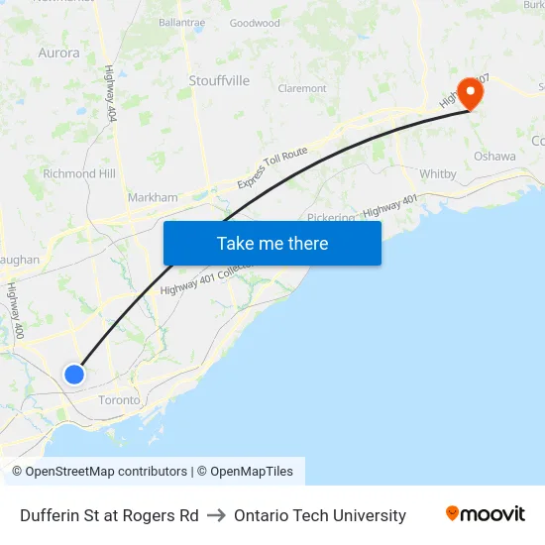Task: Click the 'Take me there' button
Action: click(272, 243)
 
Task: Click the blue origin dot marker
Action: click(74, 374)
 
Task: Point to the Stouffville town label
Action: click(219, 80)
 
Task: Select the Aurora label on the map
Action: click(58, 53)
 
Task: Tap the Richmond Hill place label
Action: click(79, 173)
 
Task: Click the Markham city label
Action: click(153, 197)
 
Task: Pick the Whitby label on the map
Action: click(438, 174)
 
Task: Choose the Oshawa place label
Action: click(494, 157)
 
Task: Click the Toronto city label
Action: click(119, 400)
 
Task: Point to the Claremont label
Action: click(302, 88)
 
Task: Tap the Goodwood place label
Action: click(255, 23)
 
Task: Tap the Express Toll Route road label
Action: click(272, 168)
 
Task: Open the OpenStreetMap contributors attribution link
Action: click(106, 472)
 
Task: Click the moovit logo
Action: click(485, 514)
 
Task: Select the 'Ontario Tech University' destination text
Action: click(320, 515)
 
